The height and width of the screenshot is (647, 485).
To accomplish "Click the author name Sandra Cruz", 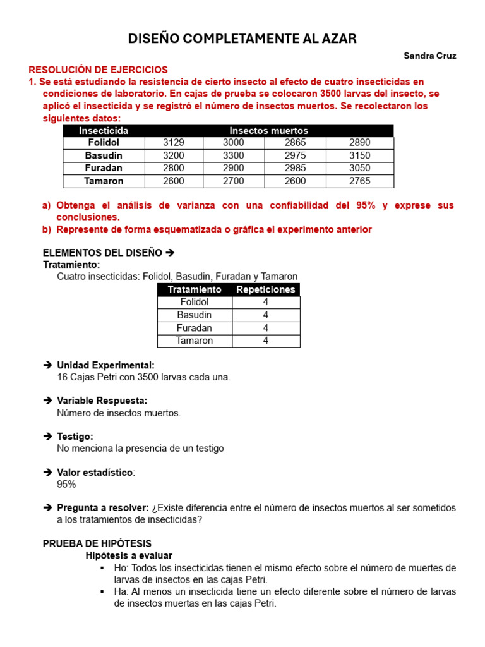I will [429, 56].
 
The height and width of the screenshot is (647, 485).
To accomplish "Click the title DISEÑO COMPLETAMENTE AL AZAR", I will [242, 39].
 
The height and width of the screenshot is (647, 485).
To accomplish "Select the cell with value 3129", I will [173, 143].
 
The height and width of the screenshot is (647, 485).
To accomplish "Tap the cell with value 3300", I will [233, 155].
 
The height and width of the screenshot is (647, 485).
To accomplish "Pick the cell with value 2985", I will [295, 168].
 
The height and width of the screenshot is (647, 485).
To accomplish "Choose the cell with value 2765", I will [359, 181].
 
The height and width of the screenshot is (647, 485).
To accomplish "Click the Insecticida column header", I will [104, 130].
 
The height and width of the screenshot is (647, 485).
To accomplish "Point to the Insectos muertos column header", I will [268, 130].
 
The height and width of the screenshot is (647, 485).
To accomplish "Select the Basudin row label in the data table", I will [104, 155].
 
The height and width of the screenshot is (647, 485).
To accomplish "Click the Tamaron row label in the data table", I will [104, 181].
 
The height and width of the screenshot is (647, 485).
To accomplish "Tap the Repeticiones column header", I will [265, 289].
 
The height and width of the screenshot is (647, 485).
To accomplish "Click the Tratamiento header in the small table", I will [195, 289].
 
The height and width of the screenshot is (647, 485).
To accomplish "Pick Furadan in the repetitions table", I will [195, 328].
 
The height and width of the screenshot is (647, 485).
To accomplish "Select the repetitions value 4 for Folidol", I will [266, 302].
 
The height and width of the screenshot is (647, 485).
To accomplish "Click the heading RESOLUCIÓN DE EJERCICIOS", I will [99, 70].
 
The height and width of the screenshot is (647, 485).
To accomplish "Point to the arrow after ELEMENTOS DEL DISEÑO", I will [169, 253].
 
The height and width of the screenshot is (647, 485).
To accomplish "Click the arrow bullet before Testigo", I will [47, 437].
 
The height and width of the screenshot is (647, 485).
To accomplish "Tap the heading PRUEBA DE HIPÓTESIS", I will [97, 543].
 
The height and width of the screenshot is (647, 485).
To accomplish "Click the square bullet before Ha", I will [101, 591].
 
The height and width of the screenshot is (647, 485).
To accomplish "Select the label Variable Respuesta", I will [102, 401].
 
